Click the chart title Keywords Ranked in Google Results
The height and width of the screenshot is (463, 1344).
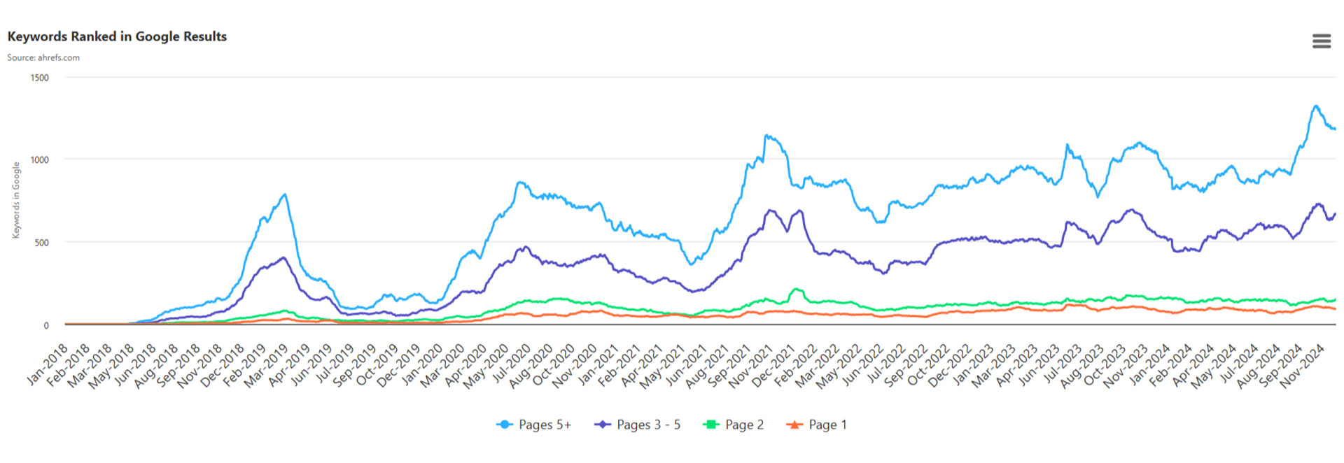[117, 36]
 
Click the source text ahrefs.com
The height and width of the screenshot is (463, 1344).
[43, 57]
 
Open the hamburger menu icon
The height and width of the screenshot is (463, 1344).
[1321, 41]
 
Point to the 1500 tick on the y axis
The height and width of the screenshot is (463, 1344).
[39, 78]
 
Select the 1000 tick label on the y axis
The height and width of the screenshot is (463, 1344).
[39, 160]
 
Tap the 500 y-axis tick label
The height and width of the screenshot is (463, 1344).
[41, 243]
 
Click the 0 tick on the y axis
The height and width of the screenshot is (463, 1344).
[46, 325]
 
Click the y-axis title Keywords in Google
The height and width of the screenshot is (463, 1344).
[16, 200]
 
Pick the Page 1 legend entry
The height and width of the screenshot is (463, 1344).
[817, 425]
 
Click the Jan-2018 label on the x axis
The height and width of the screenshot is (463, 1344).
[48, 364]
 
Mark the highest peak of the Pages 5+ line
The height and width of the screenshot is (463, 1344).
[1316, 106]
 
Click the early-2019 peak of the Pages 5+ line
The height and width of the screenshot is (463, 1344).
[284, 194]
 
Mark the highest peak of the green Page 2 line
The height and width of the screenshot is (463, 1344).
[796, 289]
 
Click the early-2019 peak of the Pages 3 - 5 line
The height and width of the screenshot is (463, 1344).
[283, 257]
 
